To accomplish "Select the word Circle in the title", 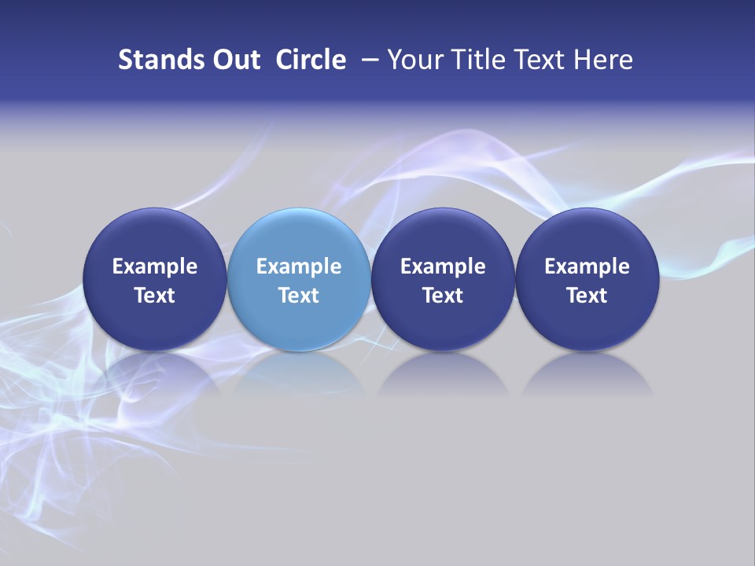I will [311, 60].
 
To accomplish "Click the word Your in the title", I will [414, 60].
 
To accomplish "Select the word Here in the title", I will [604, 60].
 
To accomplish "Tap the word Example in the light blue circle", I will [299, 266].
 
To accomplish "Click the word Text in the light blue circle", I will [299, 296].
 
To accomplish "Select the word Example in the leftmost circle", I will [155, 266].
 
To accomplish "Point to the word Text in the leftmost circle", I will [155, 296].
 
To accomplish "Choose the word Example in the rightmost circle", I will [587, 266].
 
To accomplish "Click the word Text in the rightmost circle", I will [587, 296].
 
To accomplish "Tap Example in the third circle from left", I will [443, 266].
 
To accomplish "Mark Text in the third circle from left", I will [443, 296].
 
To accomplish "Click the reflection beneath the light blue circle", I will [299, 373].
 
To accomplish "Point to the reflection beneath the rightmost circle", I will [587, 373].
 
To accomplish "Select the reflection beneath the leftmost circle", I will [155, 373].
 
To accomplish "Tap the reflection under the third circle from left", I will [443, 373].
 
